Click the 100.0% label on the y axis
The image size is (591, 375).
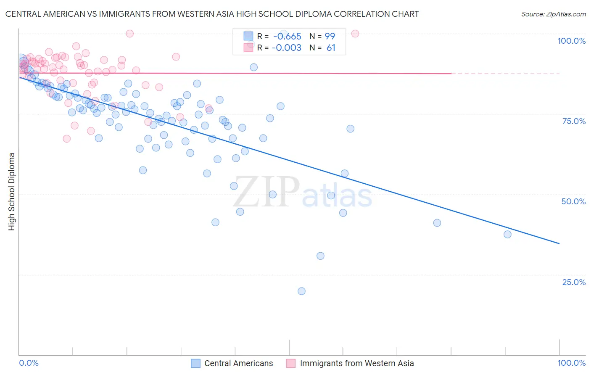[x=571, y=41]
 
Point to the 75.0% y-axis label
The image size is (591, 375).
[x=574, y=121]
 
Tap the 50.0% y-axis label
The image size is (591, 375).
[x=573, y=201]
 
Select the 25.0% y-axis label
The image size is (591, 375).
[x=574, y=282]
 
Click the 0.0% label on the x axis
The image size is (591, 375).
[x=29, y=363]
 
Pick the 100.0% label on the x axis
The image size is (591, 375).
[x=571, y=363]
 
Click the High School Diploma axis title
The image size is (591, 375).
[x=12, y=191]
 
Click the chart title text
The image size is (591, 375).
[x=212, y=14]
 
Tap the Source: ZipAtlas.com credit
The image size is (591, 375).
[x=553, y=14]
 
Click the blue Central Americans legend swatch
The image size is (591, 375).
[x=195, y=363]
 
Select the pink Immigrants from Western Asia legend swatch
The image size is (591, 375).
[x=291, y=363]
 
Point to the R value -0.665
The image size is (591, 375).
[x=287, y=37]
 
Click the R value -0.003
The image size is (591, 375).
[x=287, y=48]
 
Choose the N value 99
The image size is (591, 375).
[x=330, y=37]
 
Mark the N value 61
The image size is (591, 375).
[x=331, y=48]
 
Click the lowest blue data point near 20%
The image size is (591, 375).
[x=301, y=291]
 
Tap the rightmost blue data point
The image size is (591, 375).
[x=507, y=234]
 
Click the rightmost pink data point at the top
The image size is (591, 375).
[x=355, y=34]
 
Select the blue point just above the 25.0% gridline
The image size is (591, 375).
[x=320, y=256]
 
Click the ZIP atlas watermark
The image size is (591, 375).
[x=303, y=193]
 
